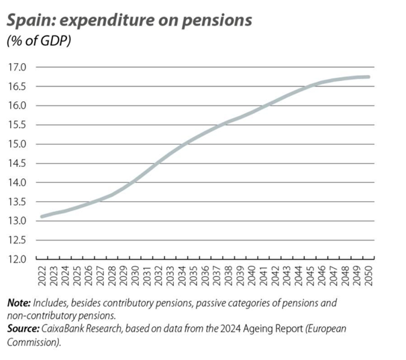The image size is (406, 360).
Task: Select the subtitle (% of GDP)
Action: (39, 42)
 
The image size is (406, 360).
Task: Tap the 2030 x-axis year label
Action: (134, 277)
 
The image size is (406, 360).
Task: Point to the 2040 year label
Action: (252, 277)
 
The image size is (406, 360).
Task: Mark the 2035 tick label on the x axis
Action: (193, 277)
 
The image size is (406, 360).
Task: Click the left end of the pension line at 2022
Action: (41, 216)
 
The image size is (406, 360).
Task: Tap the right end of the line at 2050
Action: (368, 77)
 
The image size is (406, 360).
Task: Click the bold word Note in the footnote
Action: (19, 304)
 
